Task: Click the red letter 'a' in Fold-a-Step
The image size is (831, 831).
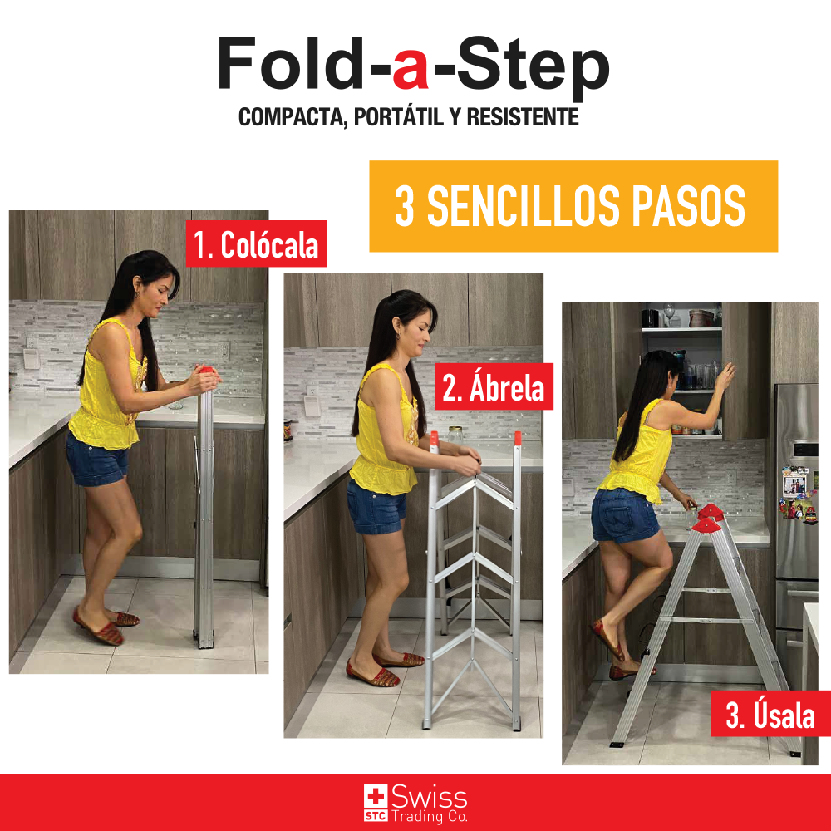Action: [x=411, y=70]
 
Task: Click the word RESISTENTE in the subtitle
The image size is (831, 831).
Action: [x=523, y=117]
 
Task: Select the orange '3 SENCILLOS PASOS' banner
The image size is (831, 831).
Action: [x=573, y=206]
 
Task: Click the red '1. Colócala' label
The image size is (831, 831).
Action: [x=256, y=243]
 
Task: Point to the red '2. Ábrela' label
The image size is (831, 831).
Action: [x=494, y=387]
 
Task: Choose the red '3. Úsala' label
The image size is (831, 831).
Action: [x=770, y=714]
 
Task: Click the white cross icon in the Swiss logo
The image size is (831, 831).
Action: [x=376, y=797]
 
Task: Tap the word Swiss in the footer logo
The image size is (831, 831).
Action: [x=430, y=797]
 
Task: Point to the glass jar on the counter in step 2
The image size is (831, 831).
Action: [x=455, y=435]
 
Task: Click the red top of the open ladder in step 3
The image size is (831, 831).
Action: [x=709, y=518]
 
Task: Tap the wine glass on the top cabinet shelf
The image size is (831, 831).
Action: [x=669, y=315]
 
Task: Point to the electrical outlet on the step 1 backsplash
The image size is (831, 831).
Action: [x=224, y=351]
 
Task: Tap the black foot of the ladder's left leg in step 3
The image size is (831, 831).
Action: [x=617, y=745]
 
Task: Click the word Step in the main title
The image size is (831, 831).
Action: [x=534, y=69]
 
